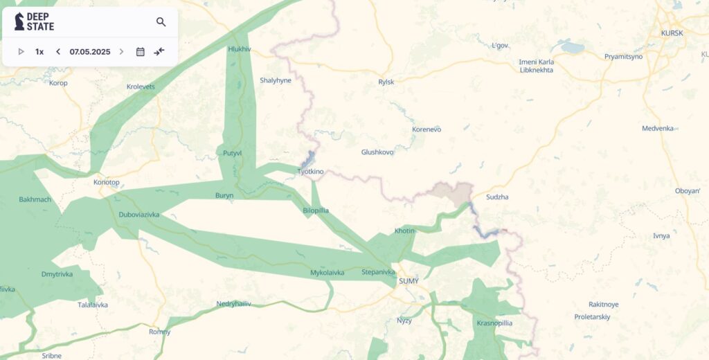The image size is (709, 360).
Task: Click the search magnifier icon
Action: coord(161,22)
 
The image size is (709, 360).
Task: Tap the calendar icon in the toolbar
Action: coord(140,52)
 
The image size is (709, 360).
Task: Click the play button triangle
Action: coord(21,52)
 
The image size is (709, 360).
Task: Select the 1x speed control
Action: coord(39,52)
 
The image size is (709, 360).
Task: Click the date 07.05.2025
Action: coord(89,52)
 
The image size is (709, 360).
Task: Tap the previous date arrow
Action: coord(58,52)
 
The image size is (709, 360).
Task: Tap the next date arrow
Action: coord(122,52)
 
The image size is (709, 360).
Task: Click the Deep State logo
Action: coord(35,21)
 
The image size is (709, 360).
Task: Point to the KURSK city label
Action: coord(672,33)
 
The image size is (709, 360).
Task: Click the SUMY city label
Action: coord(409,281)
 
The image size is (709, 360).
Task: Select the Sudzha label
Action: coord(497,197)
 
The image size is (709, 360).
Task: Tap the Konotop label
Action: coord(106,183)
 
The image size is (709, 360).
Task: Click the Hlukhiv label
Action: coord(240,49)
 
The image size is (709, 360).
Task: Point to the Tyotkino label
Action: coord(310,172)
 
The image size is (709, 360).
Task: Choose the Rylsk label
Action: coord(386,82)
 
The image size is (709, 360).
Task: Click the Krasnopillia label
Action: coord(494,323)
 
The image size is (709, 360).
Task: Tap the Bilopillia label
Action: coord(316,210)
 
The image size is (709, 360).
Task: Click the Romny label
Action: coord(159,332)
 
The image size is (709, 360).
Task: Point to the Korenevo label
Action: coord(427,129)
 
